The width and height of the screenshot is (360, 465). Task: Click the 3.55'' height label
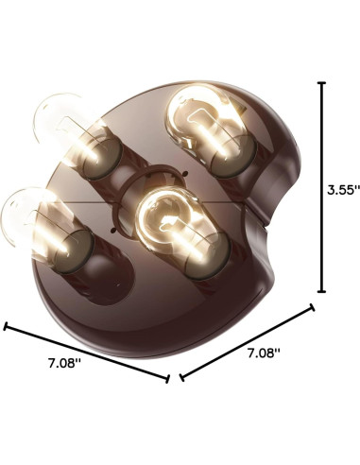point(337,189)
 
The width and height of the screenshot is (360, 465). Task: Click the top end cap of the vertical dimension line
point(323,83)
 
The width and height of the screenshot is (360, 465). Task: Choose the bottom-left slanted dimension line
point(87,353)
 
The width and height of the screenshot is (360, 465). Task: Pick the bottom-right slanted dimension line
point(248,341)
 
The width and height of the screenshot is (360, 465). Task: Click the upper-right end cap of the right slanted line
point(314,304)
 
